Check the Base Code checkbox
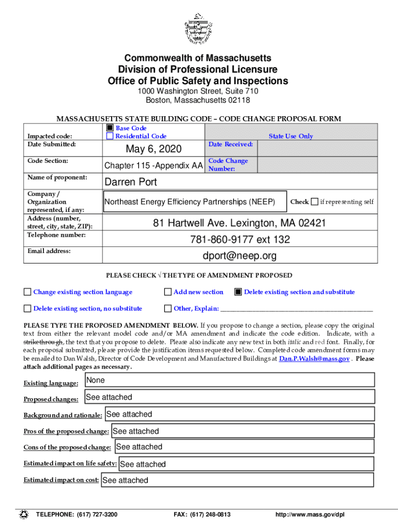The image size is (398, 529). click(110, 128)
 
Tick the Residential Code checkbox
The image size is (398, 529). click(110, 136)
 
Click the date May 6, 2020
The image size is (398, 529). click(154, 149)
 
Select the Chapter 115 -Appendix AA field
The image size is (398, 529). click(154, 166)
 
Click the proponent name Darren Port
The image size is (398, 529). click(131, 182)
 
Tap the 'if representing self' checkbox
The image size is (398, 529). click(315, 201)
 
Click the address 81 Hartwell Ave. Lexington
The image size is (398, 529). click(239, 224)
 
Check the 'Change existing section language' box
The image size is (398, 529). click(27, 292)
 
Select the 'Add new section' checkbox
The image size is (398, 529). click(167, 292)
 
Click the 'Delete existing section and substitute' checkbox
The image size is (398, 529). click(238, 292)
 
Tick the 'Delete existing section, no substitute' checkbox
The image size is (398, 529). click(27, 309)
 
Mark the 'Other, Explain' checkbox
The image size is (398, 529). click(167, 309)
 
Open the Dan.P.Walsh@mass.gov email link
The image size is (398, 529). click(314, 359)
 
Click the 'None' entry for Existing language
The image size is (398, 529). click(96, 380)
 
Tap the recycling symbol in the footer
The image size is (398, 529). click(24, 515)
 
